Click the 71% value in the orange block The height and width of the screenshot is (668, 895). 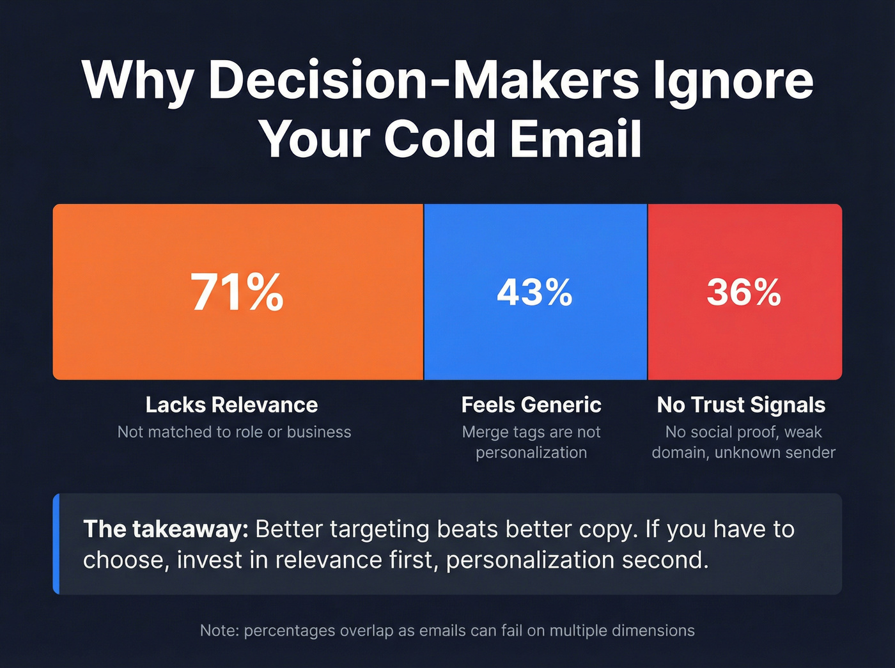(237, 293)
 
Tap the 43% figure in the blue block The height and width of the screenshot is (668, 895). (534, 293)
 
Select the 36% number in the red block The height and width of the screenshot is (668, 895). (743, 293)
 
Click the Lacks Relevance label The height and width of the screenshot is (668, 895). (231, 405)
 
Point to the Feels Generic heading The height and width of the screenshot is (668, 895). (531, 405)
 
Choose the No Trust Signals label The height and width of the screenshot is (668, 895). (741, 405)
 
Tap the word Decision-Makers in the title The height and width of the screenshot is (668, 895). (423, 81)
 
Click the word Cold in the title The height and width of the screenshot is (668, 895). (440, 139)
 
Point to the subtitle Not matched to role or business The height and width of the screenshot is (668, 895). (234, 432)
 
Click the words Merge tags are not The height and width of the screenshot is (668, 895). (531, 432)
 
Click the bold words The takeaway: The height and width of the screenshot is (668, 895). (166, 529)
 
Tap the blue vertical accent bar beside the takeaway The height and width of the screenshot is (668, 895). (56, 543)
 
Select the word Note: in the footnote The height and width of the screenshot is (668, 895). (219, 631)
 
